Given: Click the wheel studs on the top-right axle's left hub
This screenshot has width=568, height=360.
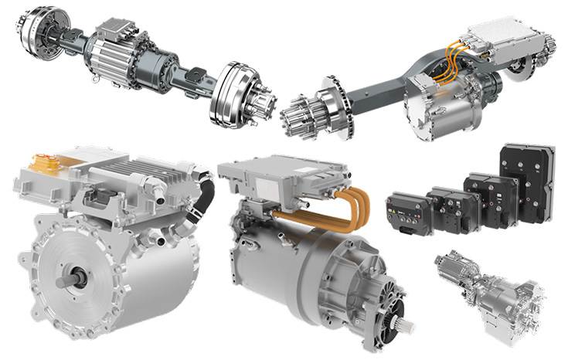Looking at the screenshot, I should tap(298, 120).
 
